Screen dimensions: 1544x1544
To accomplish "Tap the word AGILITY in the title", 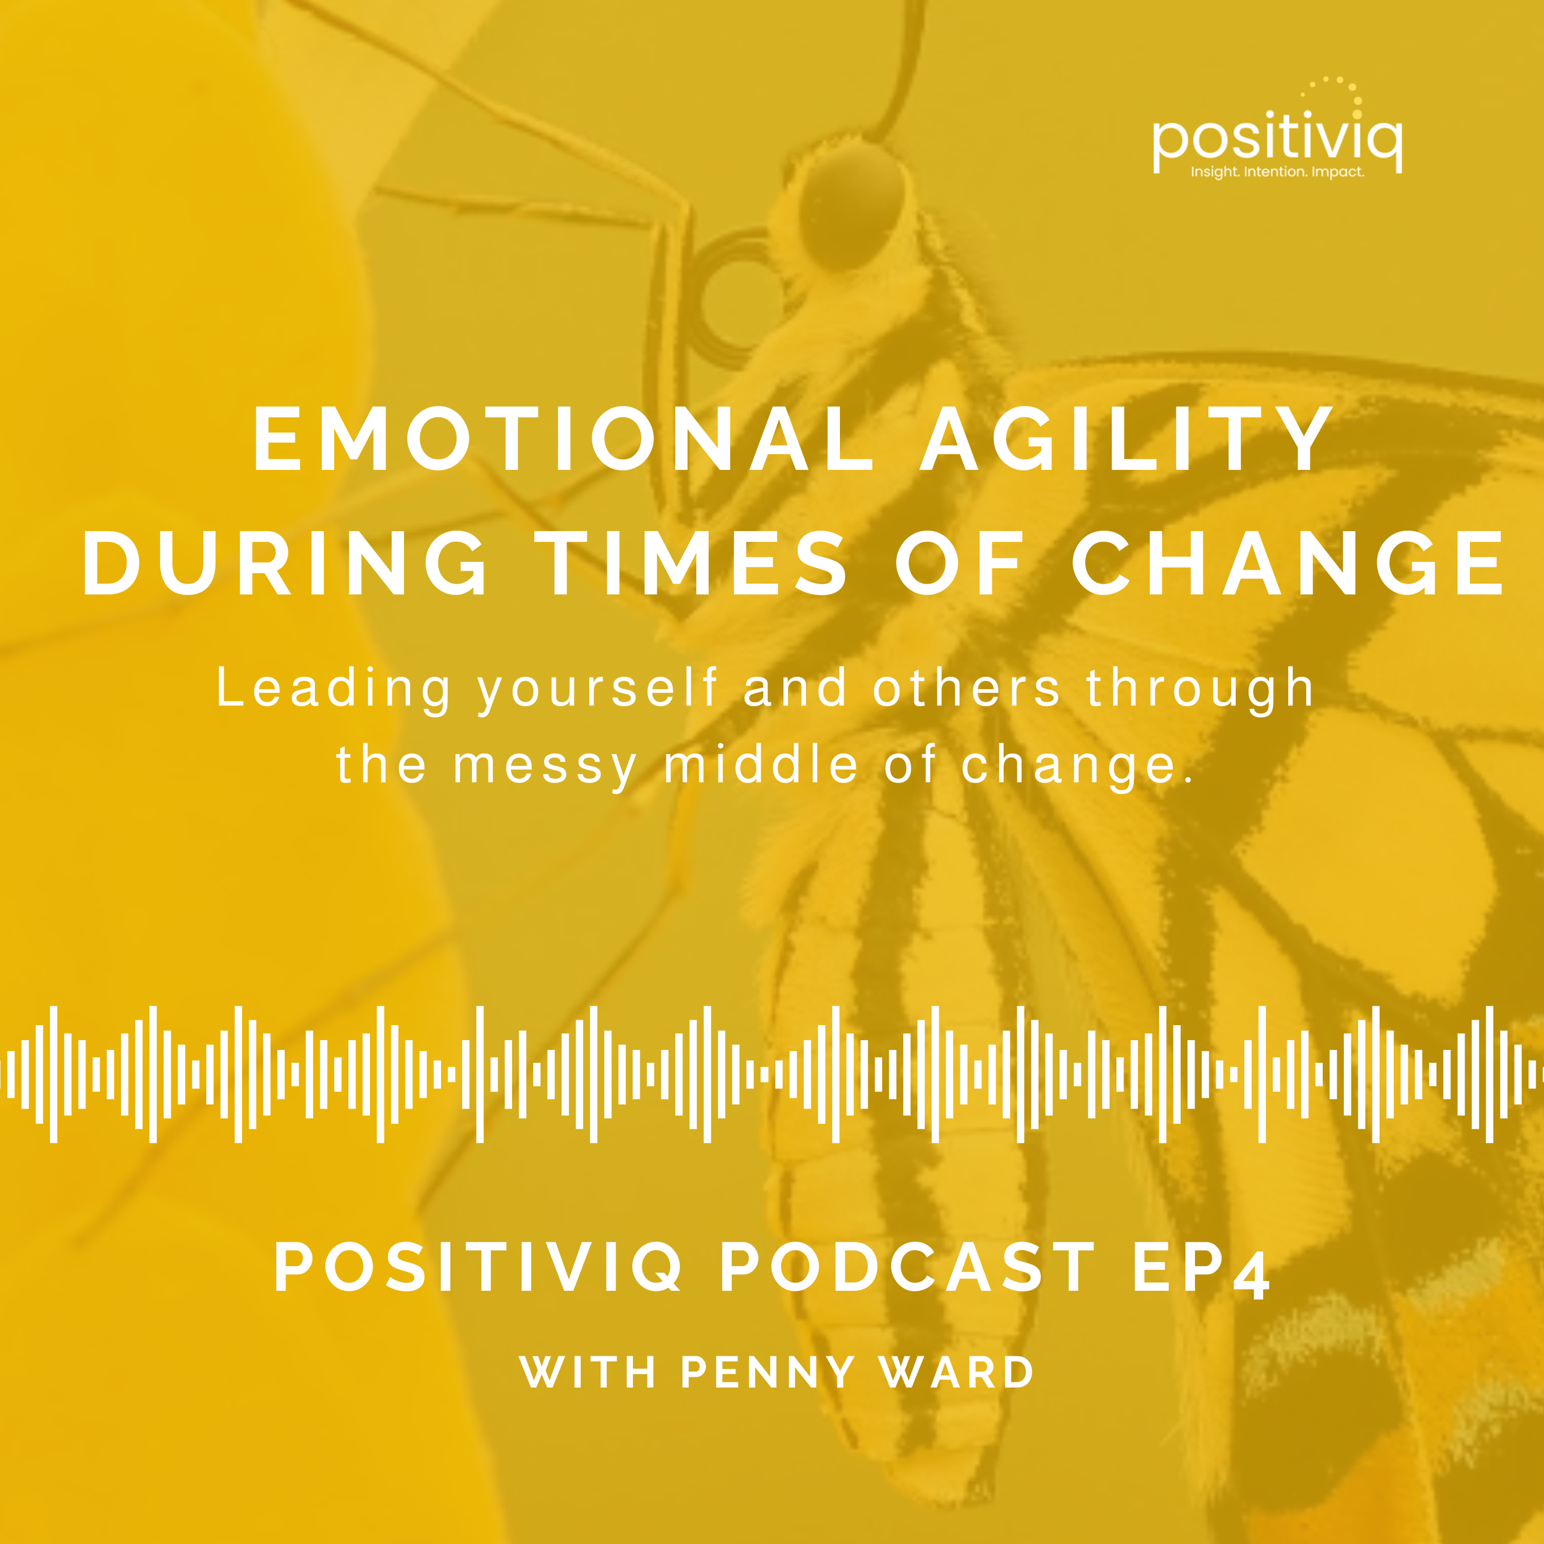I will (1125, 440).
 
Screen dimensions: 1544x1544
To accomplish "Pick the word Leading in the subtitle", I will (334, 689).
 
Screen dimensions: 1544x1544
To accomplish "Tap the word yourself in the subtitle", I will (598, 689).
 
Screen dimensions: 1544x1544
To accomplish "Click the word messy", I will (546, 766).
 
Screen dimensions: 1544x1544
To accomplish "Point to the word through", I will (1201, 689).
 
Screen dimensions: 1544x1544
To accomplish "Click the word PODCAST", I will (907, 1267).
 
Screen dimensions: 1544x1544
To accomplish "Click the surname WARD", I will (957, 1372).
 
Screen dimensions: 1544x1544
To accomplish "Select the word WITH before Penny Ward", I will (588, 1372).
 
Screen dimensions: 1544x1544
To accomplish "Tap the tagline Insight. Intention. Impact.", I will (1277, 172).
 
